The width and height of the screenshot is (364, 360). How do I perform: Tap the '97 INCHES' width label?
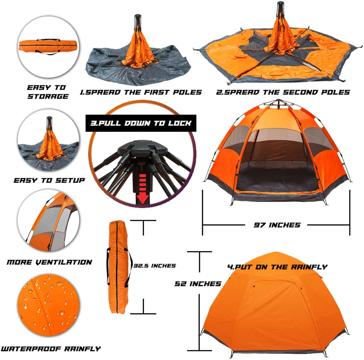tap(277, 225)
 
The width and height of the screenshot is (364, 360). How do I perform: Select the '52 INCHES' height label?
tap(198, 284)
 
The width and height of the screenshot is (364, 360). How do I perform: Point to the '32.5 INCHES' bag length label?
tap(155, 266)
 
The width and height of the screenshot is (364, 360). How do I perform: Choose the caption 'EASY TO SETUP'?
tap(49, 180)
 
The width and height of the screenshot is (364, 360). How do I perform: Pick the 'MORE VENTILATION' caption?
tap(49, 262)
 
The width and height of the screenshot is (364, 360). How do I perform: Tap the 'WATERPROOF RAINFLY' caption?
tap(51, 349)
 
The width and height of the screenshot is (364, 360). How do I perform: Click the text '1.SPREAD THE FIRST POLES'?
tap(141, 92)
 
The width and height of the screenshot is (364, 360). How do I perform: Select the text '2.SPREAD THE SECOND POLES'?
tap(283, 92)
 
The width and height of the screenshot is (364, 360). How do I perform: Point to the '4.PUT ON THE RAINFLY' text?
tap(277, 267)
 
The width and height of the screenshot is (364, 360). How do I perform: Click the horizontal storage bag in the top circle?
tap(49, 46)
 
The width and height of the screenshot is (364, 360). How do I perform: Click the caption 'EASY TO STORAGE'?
tap(48, 92)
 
